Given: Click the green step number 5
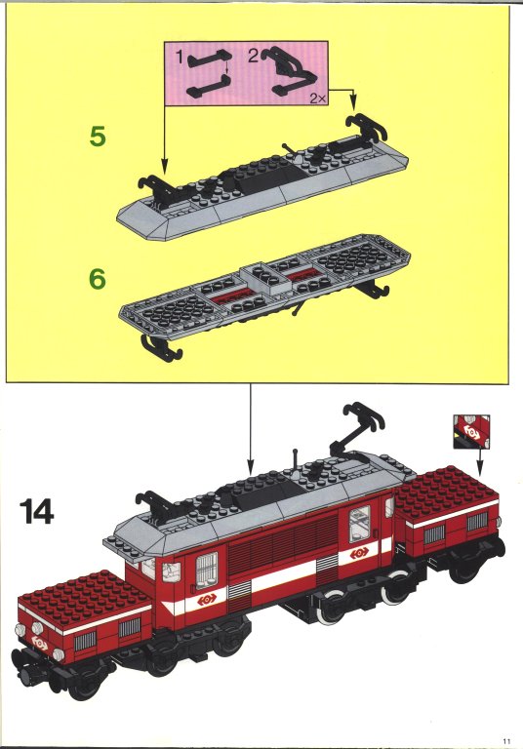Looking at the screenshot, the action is (98, 137).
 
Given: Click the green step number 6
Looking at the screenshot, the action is (98, 279).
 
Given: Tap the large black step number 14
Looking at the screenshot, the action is (37, 512).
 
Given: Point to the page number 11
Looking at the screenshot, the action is (506, 741).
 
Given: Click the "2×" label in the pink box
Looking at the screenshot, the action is (317, 99).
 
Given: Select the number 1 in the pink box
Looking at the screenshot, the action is (180, 58).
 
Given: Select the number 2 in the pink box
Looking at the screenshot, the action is (254, 56).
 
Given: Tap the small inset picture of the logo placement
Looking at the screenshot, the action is (471, 431).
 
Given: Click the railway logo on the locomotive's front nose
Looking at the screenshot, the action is (39, 645).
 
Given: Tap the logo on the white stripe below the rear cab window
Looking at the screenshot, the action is (359, 553).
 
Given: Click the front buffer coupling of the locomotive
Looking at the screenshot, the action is (24, 676).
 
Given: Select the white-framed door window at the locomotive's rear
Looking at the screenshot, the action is (359, 524).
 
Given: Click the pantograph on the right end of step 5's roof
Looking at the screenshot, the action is (365, 127).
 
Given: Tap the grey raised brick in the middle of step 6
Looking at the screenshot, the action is (264, 279).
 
